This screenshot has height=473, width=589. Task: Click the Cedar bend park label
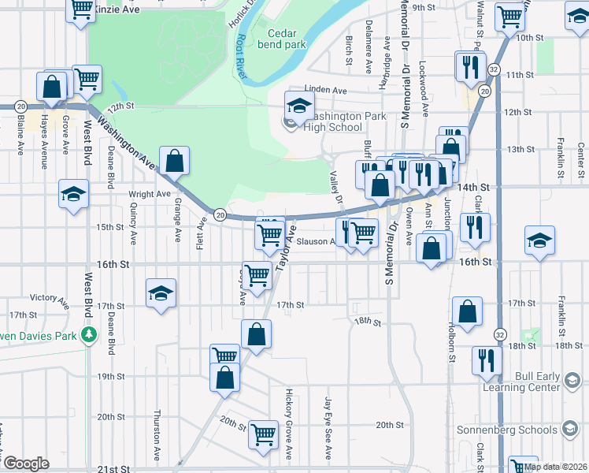click(287, 39)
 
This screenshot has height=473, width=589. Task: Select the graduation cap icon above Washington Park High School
click(299, 106)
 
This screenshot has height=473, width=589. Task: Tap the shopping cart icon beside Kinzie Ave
click(81, 10)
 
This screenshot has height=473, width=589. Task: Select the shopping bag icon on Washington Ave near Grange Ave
click(174, 162)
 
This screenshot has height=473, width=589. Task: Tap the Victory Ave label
click(49, 298)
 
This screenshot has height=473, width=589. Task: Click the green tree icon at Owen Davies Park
click(89, 333)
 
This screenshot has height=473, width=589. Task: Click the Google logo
click(26, 464)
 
